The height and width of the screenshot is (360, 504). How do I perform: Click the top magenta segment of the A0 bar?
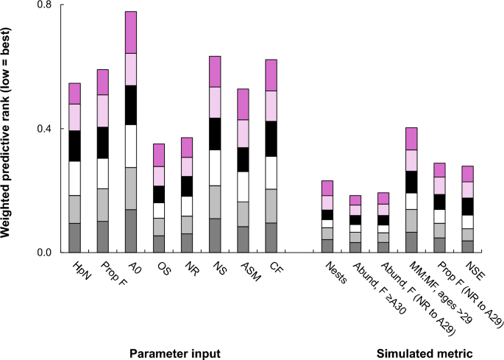[x=131, y=32]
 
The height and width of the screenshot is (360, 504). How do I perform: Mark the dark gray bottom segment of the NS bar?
[x=215, y=236]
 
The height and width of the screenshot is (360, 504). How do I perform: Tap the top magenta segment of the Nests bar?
[x=327, y=188]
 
